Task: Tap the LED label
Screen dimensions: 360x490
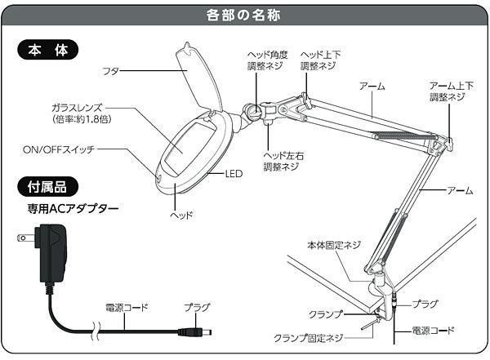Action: [235, 174]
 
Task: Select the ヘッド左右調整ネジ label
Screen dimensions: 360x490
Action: [281, 160]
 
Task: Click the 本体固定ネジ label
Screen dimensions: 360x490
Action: [333, 244]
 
